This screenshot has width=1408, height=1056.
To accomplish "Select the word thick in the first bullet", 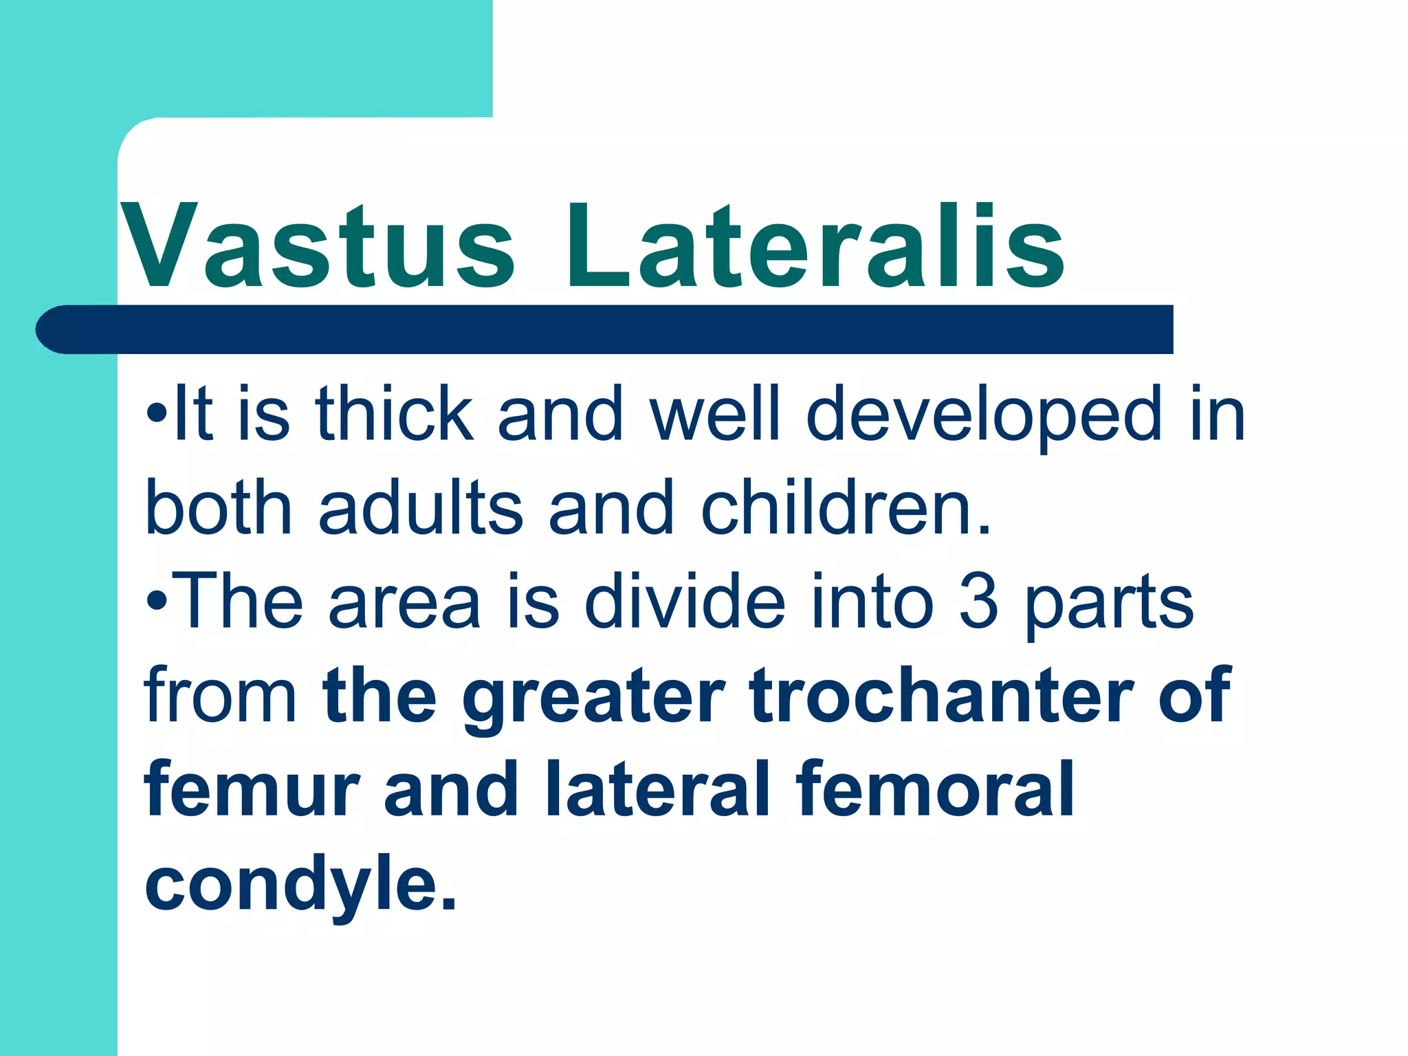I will [x=395, y=414].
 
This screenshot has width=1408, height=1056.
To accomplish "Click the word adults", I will [x=421, y=509].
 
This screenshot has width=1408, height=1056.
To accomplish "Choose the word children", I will [x=846, y=509].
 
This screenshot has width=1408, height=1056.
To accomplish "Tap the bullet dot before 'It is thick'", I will [x=157, y=416].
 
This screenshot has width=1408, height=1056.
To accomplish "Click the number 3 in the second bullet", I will [x=978, y=602].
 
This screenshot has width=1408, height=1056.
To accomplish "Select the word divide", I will [x=685, y=602].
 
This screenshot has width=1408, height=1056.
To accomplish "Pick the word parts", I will [x=1110, y=605].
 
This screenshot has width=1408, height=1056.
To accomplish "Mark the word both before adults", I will [x=219, y=509].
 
